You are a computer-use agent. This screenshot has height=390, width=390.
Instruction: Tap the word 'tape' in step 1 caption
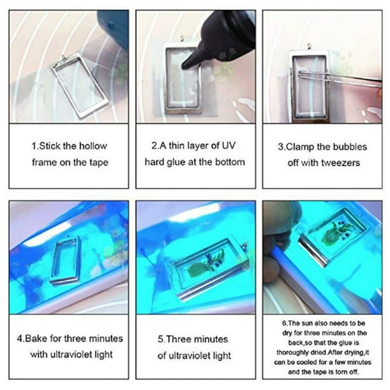point(96,162)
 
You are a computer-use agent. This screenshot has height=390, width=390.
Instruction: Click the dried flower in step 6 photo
point(334,237)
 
